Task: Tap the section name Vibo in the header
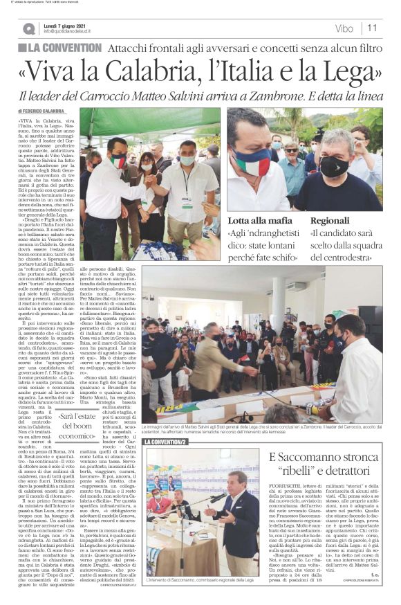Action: (x=343, y=28)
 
